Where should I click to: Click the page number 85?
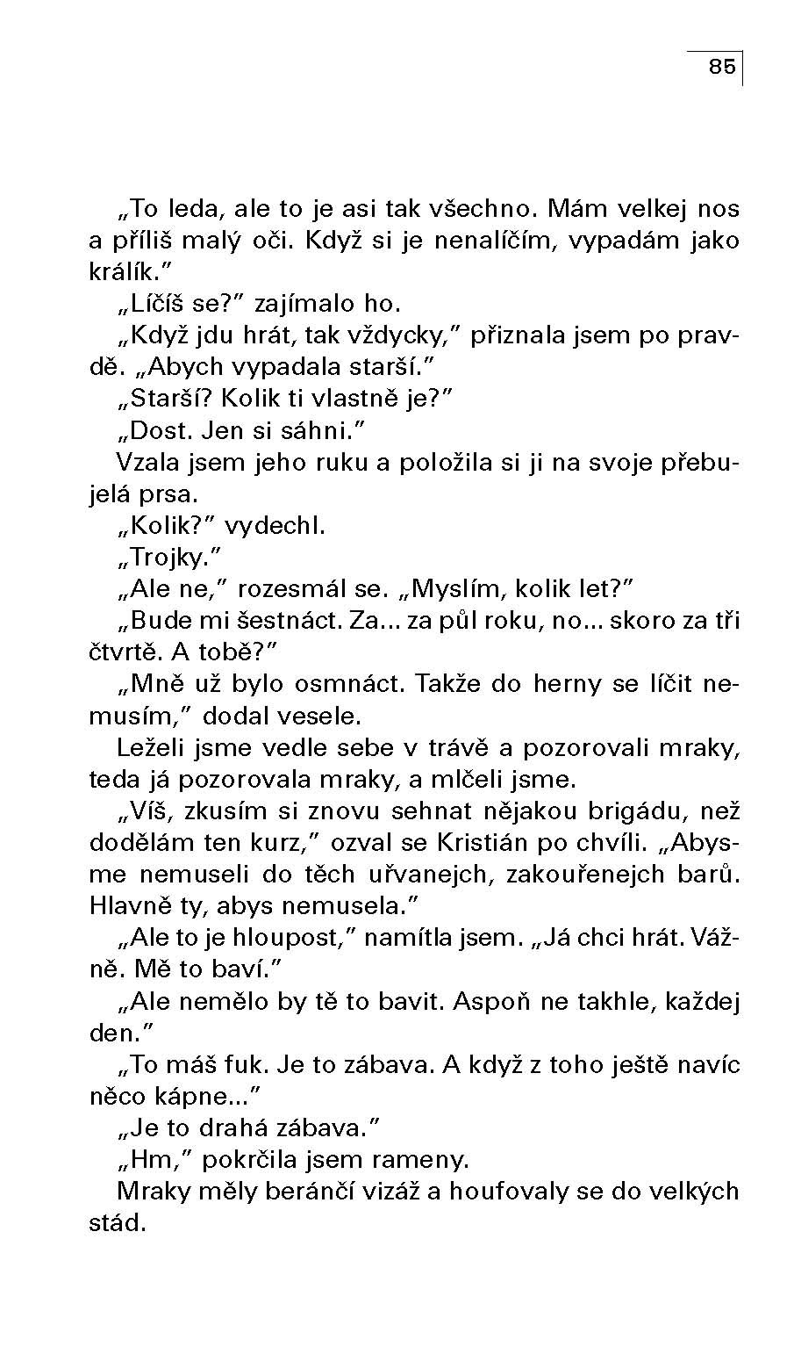[x=721, y=67]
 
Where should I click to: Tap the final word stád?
[x=117, y=1223]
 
